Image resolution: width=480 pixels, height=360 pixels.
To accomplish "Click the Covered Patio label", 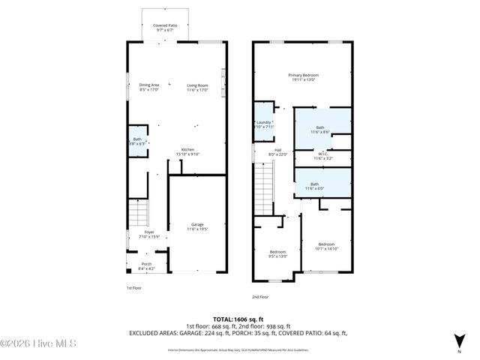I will tap(160, 27).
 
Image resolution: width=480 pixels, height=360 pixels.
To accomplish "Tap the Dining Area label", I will tap(149, 87).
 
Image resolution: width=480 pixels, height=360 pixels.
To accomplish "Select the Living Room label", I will tap(196, 87).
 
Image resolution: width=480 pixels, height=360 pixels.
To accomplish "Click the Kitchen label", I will tap(187, 151).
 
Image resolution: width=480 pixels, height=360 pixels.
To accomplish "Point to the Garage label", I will tap(197, 226).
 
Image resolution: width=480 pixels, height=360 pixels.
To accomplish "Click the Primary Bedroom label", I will tap(304, 77).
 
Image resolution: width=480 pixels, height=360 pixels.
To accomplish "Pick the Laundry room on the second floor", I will tap(263, 124).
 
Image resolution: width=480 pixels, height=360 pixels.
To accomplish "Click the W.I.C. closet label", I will tap(322, 157).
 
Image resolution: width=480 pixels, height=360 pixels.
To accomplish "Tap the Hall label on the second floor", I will tap(277, 152).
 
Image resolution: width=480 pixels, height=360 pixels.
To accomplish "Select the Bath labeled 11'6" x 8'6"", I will tap(321, 129).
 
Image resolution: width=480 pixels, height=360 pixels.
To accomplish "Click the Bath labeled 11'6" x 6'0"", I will tap(315, 185).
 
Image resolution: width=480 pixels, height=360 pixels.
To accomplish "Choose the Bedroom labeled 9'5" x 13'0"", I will tap(277, 253).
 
